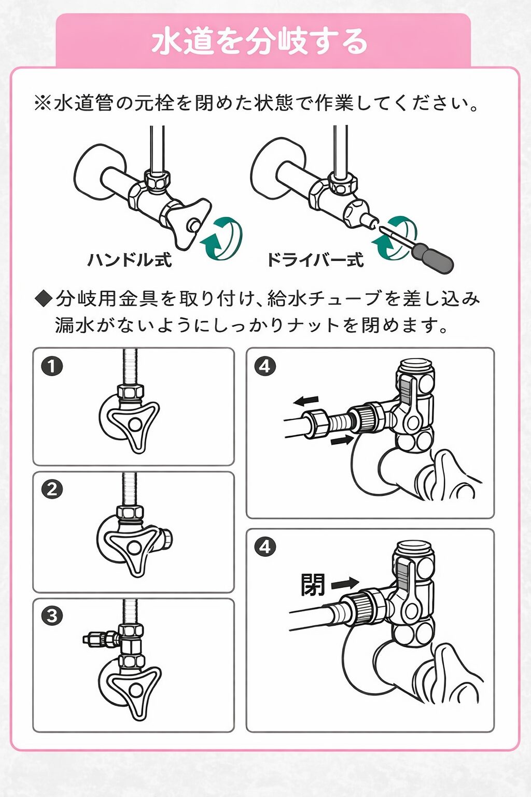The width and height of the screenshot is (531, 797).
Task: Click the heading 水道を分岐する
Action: pos(259,42)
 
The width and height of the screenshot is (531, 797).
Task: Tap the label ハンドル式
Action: pos(130,259)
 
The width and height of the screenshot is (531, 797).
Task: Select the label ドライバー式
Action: pos(315,259)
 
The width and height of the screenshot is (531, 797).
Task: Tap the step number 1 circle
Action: pos(52,366)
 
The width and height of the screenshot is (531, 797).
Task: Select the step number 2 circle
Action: pos(52,489)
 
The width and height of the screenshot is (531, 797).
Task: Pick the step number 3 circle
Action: pos(52,616)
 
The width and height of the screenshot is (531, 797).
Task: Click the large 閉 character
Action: pos(313,585)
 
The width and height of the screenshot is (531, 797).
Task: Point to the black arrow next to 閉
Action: pos(345,584)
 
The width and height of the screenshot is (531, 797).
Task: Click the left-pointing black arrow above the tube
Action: pos(305,400)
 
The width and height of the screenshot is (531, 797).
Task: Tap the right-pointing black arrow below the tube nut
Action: pos(341,441)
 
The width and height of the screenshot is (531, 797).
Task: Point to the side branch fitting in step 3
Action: pos(101,638)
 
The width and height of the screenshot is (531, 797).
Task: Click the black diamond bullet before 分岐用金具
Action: pos(44,298)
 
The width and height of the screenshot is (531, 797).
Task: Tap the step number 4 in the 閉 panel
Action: pos(265,546)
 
